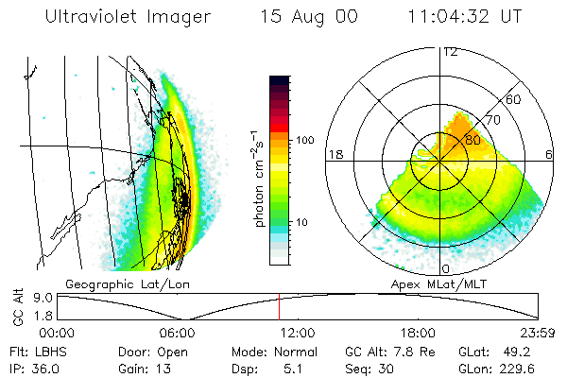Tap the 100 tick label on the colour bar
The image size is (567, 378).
click(x=305, y=140)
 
